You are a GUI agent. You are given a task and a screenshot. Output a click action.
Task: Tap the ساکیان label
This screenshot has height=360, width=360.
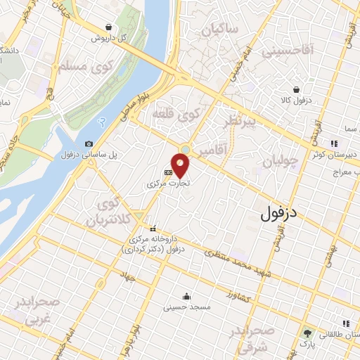point(220,30)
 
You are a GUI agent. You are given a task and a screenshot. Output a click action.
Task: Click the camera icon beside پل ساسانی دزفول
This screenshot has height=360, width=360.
point(89,143)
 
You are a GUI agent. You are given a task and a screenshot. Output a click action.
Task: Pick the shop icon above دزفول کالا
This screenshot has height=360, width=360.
point(297,89)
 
